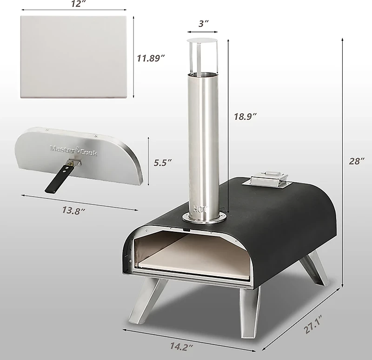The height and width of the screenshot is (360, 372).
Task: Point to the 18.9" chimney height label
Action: click(246, 117)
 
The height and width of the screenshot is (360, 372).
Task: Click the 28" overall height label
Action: click(357, 162)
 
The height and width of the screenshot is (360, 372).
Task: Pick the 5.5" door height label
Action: click(163, 162)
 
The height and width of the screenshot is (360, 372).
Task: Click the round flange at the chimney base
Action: click(205, 217)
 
